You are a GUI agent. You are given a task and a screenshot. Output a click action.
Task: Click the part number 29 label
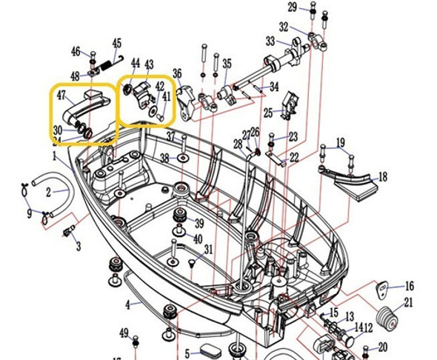pyautogui.click(x=292, y=7)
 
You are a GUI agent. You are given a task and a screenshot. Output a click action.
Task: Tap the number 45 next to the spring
pyautogui.click(x=116, y=44)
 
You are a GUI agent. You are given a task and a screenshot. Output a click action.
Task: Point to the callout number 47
pyautogui.click(x=61, y=96)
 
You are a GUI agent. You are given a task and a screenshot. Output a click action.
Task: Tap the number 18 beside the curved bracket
pyautogui.click(x=382, y=178)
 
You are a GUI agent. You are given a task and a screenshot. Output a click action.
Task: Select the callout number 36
pyautogui.click(x=177, y=73)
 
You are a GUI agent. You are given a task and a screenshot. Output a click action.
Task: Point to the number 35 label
pyautogui.click(x=227, y=64)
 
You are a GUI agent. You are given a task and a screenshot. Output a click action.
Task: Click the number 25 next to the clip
pyautogui.click(x=267, y=113)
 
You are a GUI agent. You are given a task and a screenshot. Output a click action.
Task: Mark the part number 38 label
pyautogui.click(x=164, y=158)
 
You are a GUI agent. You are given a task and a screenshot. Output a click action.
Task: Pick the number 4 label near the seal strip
pyautogui.click(x=127, y=304)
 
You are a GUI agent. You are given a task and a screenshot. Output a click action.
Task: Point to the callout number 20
pyautogui.click(x=382, y=347)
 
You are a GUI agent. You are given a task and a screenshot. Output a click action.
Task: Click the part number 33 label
pyautogui.click(x=270, y=41)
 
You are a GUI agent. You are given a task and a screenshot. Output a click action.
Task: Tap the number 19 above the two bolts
pyautogui.click(x=340, y=142)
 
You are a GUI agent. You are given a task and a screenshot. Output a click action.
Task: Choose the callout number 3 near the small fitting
pyautogui.click(x=78, y=246)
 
